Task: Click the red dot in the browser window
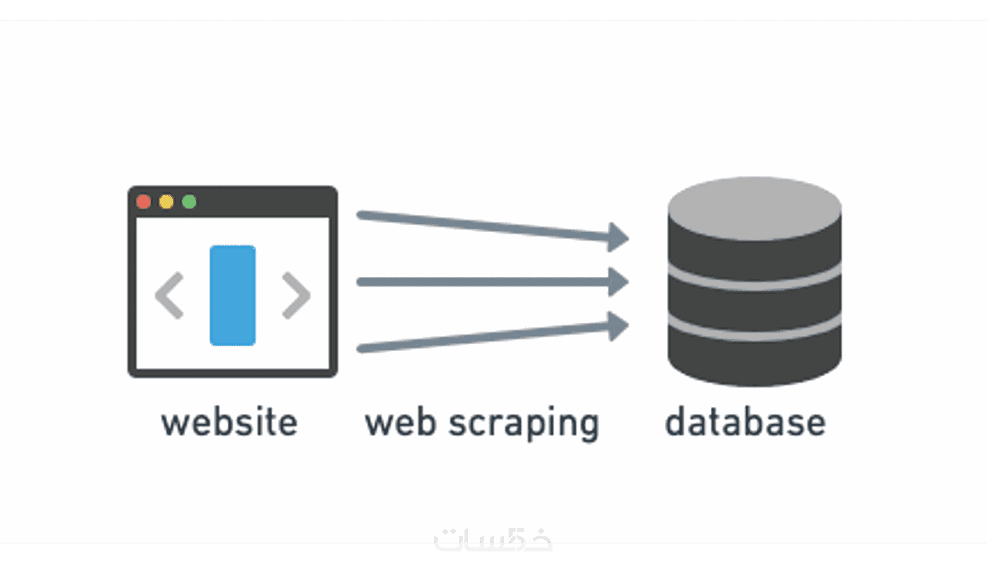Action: pos(143,201)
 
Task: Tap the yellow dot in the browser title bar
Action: pos(167,201)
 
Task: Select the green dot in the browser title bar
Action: pos(189,201)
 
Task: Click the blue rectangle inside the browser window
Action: pos(232,295)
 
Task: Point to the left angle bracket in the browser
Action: pos(169,296)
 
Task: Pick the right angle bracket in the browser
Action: pos(296,296)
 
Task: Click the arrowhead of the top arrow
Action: pos(618,237)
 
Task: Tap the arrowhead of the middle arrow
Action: pos(618,282)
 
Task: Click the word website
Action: pos(229,423)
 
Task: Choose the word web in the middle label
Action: pos(401,423)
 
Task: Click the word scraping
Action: pos(524,424)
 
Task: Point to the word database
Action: pos(745,423)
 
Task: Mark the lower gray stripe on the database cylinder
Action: pos(754,326)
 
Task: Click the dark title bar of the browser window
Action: pos(261,201)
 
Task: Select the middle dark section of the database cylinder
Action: pos(754,306)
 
